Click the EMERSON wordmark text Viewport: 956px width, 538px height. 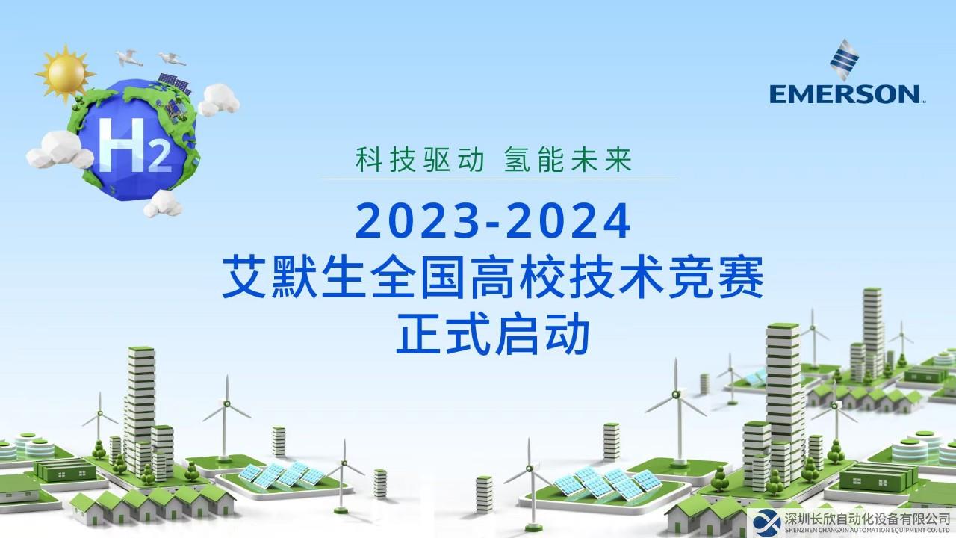click(845, 94)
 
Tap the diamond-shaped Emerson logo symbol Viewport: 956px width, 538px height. click(844, 60)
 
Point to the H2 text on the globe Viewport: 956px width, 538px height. click(134, 145)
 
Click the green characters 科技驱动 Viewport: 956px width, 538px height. click(420, 159)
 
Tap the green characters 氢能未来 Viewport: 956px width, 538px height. click(568, 159)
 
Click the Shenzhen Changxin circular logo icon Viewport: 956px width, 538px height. click(766, 524)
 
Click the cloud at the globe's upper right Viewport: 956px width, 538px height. click(219, 100)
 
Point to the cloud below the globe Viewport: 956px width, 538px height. click(163, 204)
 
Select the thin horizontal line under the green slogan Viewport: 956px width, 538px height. click(498, 179)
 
